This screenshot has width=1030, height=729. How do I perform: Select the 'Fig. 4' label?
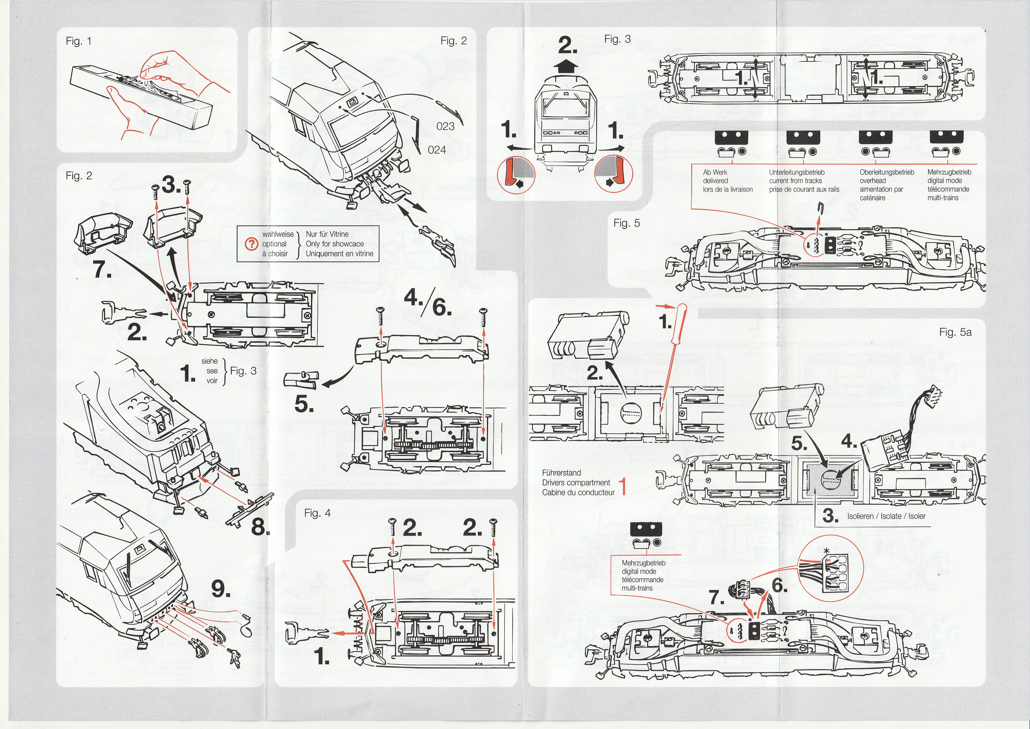pos(317,513)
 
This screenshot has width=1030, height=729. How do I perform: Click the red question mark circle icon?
pos(251,244)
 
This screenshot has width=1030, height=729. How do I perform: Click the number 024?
pos(437,150)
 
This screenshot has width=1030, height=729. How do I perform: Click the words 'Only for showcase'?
pos(335,244)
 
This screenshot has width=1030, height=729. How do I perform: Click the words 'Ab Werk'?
pos(715,172)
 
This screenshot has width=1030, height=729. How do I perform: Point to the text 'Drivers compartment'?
pos(576,483)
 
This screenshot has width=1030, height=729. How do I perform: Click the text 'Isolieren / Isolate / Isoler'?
pos(886,516)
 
